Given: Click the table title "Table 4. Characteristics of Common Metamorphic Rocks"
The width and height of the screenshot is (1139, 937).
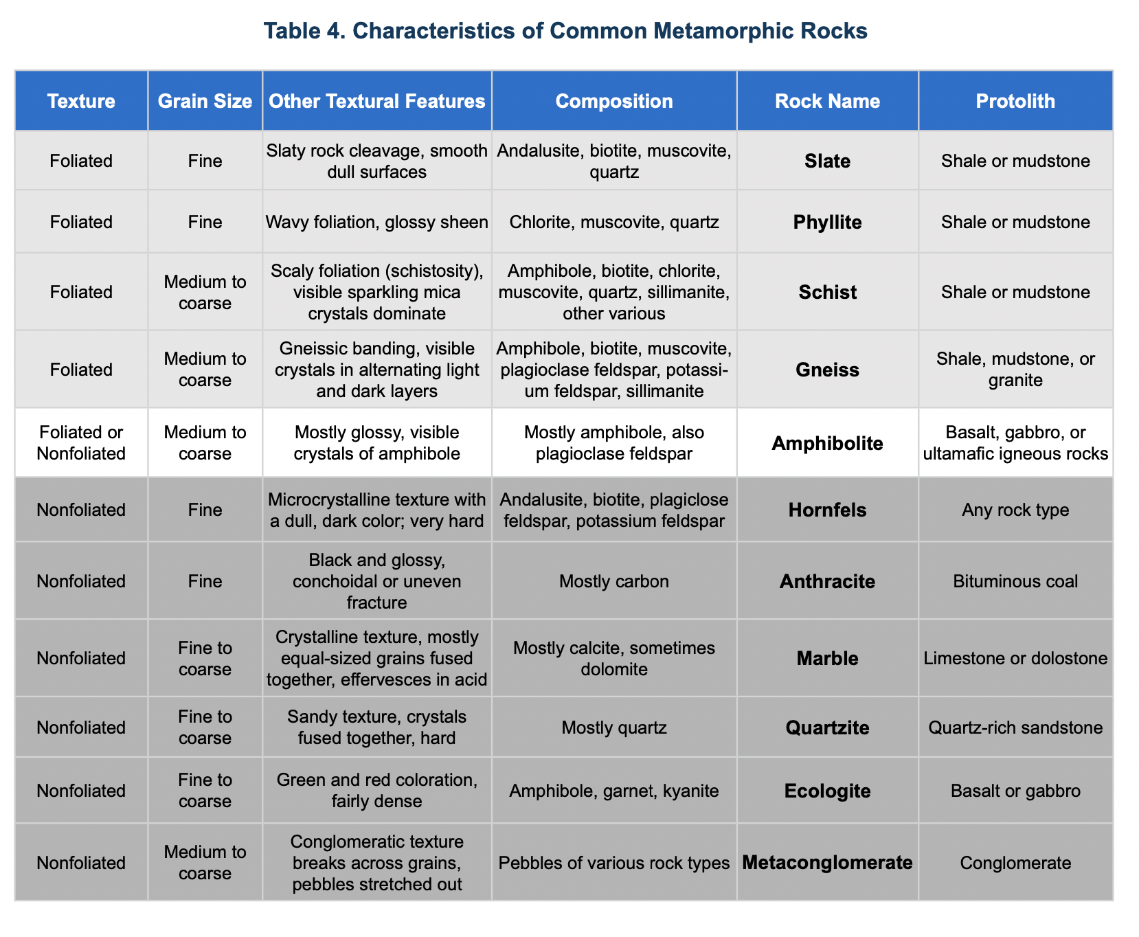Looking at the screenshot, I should (x=565, y=32).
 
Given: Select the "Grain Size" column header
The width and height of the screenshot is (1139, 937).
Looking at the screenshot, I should (x=205, y=102).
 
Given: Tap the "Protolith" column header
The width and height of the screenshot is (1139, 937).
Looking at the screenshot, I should (x=1015, y=102).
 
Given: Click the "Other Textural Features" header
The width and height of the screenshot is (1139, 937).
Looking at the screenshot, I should (x=376, y=102).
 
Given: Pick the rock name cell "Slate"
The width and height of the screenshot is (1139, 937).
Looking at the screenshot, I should (x=827, y=161).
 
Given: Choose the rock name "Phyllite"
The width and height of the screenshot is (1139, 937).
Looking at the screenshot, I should (x=827, y=223).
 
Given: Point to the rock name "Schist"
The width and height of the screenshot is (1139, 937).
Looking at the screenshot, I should (x=827, y=293).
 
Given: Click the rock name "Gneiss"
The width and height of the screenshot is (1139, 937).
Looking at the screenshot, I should (x=827, y=370).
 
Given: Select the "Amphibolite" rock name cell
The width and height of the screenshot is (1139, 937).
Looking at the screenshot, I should (x=827, y=443).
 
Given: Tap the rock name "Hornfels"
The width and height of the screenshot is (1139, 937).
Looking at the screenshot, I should (x=827, y=510).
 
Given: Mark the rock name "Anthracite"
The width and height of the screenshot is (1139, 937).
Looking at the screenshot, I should (x=827, y=582).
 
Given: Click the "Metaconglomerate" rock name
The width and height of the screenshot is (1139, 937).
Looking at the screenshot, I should (x=827, y=863).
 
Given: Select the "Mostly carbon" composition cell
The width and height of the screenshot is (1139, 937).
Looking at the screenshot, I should (x=613, y=582).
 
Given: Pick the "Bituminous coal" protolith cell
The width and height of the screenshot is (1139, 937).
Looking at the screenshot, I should (x=1015, y=582).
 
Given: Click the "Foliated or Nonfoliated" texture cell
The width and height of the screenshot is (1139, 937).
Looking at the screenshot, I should (x=81, y=443).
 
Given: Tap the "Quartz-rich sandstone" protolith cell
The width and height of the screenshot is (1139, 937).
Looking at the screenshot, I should (x=1015, y=727).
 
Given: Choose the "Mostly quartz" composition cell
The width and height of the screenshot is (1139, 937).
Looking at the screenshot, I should (x=613, y=727).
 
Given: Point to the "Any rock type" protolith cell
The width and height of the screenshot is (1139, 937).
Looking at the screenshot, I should (x=1015, y=510).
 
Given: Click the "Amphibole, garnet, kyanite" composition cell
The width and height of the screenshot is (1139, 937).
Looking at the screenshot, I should (x=613, y=791).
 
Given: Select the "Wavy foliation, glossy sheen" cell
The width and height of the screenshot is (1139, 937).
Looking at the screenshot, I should (x=376, y=223).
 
